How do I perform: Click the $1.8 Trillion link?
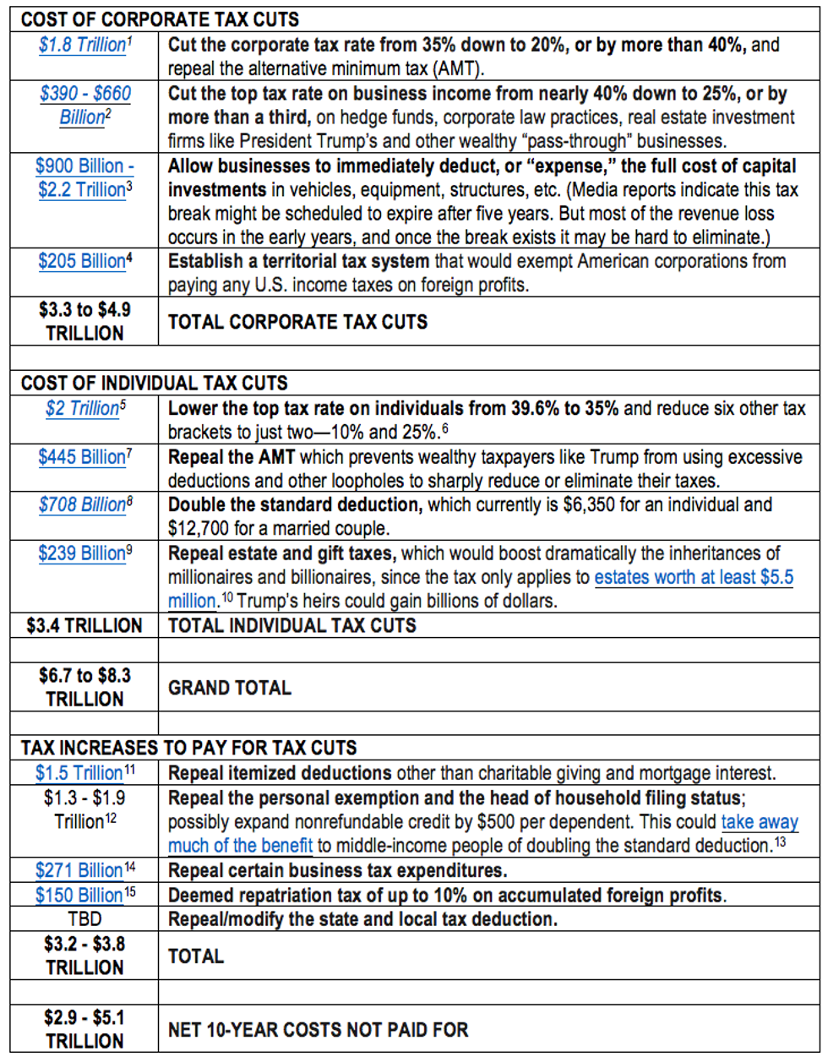tap(82, 45)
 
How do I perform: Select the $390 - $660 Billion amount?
tap(85, 105)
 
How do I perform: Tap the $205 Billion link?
tap(82, 261)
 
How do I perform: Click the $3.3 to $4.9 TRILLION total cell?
tap(84, 321)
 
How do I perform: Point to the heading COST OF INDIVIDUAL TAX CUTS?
tap(154, 383)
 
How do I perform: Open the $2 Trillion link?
tap(83, 408)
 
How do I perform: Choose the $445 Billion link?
tap(82, 457)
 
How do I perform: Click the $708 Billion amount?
tap(82, 505)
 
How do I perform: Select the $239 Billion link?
tap(82, 553)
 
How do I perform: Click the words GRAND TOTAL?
tap(229, 688)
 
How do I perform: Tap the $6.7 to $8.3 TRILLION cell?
tap(84, 687)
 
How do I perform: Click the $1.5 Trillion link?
tap(79, 773)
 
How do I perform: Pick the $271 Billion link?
tap(79, 870)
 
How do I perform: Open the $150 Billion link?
tap(79, 895)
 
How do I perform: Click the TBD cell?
tap(84, 919)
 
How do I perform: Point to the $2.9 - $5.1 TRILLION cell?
tap(84, 1029)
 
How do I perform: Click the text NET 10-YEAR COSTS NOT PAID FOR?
tap(318, 1030)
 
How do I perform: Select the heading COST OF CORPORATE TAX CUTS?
tap(160, 19)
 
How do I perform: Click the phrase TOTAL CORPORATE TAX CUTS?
tap(297, 322)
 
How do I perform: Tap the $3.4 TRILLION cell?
tap(84, 626)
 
